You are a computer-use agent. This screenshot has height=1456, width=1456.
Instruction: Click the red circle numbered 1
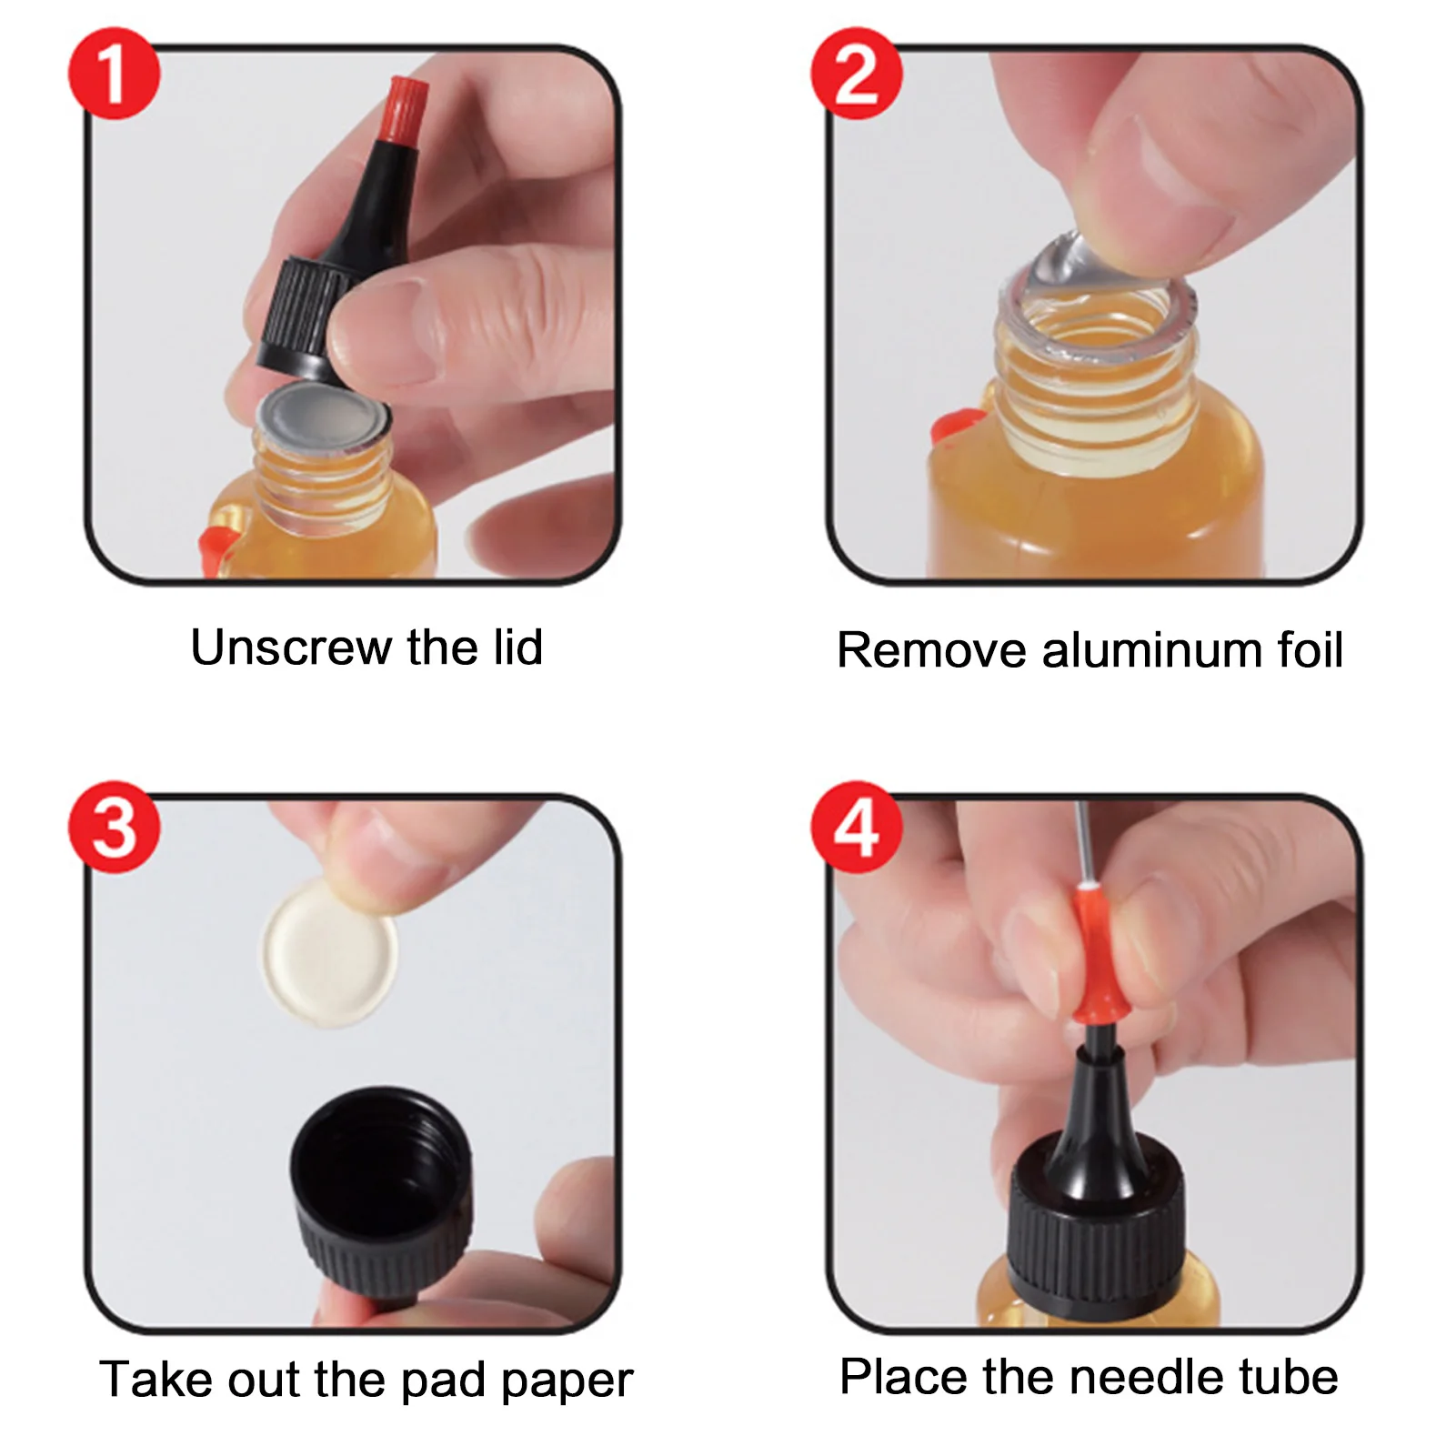(x=114, y=73)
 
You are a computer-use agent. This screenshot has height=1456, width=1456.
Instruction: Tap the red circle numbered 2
(x=856, y=73)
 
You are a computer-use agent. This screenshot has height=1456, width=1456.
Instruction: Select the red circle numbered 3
(x=114, y=827)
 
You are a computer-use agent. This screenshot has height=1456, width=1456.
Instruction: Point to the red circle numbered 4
(x=856, y=827)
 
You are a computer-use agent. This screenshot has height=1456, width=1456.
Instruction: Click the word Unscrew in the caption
(x=290, y=648)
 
